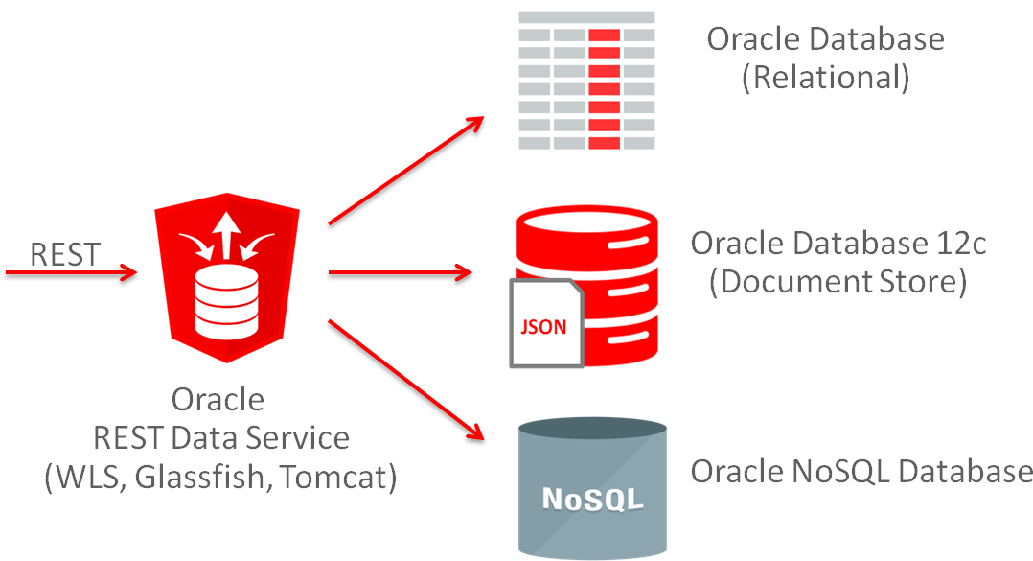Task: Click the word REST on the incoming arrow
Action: [65, 254]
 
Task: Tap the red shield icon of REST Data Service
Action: [227, 278]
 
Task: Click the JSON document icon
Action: [545, 324]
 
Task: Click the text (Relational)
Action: [825, 78]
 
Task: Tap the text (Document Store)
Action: [838, 283]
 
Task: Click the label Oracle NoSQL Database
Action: [861, 472]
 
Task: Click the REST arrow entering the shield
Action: [72, 273]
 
